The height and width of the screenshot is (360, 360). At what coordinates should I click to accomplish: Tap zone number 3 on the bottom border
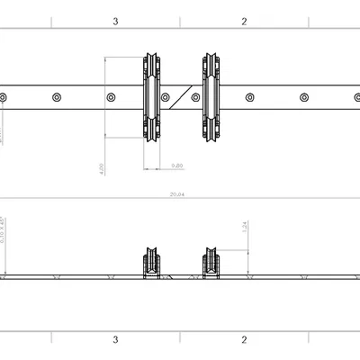point(115,339)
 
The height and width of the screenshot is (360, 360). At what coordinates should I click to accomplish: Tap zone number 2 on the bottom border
point(244,339)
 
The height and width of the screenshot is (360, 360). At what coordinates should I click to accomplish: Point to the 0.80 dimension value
point(177,166)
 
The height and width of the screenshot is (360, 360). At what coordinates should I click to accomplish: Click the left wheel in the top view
point(152,96)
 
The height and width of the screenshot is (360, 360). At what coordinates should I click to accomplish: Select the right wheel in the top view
point(212,96)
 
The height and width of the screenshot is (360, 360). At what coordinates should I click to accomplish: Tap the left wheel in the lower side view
point(152,265)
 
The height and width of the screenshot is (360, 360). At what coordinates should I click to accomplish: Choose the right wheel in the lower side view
point(212,265)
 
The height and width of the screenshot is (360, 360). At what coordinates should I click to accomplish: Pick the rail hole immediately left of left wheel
point(111,96)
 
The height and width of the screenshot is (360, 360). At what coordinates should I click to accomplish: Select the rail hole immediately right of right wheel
point(248,96)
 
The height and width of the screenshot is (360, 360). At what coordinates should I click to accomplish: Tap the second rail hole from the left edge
point(56,96)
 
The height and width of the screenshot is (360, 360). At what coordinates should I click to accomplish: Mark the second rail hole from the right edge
point(303,96)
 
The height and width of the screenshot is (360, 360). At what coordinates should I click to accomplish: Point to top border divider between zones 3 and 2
point(180,21)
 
